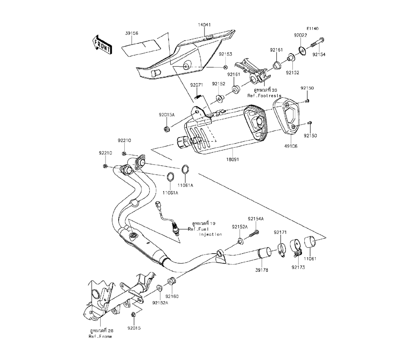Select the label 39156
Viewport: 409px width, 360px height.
[132, 34]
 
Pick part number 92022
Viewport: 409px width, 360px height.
[300, 36]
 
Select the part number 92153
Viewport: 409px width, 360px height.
[225, 54]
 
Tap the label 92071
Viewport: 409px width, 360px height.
[196, 85]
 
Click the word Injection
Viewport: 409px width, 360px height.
[211, 234]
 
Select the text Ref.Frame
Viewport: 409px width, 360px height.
[100, 336]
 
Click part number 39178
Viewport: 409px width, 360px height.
[262, 270]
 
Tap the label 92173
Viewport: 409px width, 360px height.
[298, 267]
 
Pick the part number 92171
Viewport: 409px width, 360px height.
[280, 232]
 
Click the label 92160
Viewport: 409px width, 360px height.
[172, 296]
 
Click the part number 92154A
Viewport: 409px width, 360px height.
[256, 219]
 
